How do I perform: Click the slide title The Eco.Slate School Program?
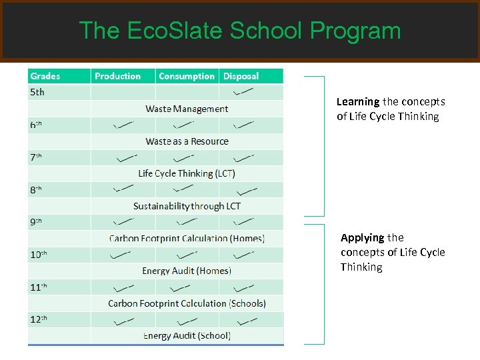tap(239, 31)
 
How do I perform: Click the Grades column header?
tap(45, 77)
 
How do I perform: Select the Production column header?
tap(118, 77)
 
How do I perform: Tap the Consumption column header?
tap(187, 77)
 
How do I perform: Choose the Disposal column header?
tap(241, 77)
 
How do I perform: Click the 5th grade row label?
tap(37, 92)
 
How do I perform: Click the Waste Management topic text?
tap(187, 109)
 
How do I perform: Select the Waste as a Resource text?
tap(187, 141)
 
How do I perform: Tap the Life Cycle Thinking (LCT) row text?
tap(187, 173)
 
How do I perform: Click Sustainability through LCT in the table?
tap(187, 206)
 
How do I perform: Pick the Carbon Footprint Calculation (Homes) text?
tap(187, 238)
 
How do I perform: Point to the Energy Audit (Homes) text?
tap(187, 271)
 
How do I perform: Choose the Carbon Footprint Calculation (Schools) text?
tap(187, 303)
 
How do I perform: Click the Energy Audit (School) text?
tap(187, 335)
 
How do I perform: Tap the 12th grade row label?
tap(39, 319)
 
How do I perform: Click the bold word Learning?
tap(358, 102)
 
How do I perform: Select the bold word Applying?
tap(362, 238)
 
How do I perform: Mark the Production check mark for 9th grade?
tap(123, 222)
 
